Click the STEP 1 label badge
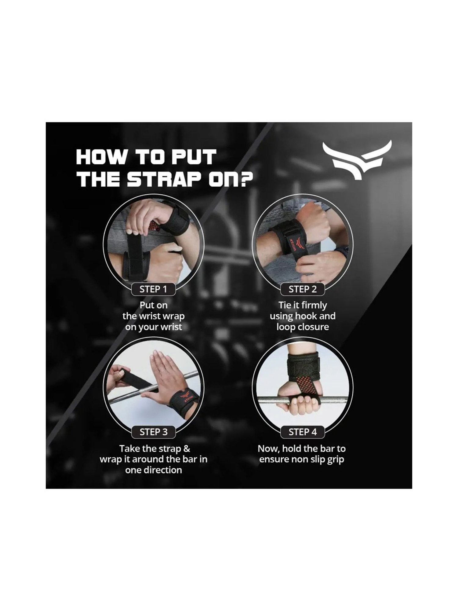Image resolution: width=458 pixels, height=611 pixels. click(x=153, y=289)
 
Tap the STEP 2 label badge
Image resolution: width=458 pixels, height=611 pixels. click(x=303, y=289)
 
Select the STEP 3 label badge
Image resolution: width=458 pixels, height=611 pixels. click(x=153, y=432)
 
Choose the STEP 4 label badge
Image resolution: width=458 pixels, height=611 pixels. click(x=303, y=432)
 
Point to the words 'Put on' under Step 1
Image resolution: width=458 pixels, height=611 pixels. click(x=154, y=305)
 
